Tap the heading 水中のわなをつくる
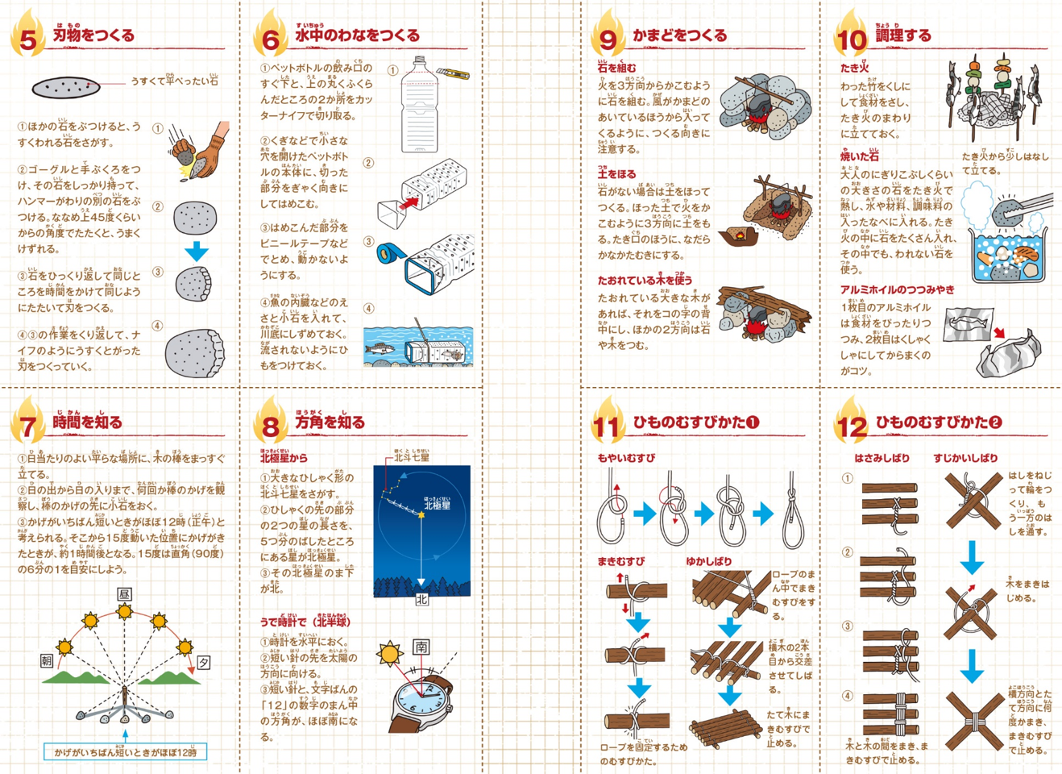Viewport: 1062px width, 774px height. [356, 35]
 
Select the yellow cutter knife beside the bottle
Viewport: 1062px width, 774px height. [453, 74]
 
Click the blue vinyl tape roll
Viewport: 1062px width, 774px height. [389, 254]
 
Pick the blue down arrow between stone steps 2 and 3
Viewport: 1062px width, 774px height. [196, 251]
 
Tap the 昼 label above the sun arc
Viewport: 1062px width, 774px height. [124, 594]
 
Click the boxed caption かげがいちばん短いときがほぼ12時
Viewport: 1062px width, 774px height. [125, 752]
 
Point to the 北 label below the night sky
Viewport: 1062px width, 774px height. [421, 600]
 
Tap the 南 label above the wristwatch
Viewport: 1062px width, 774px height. [421, 647]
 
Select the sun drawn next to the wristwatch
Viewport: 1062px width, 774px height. [391, 653]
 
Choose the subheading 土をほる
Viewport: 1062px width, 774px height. [616, 173]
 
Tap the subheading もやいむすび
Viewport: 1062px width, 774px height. [626, 458]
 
